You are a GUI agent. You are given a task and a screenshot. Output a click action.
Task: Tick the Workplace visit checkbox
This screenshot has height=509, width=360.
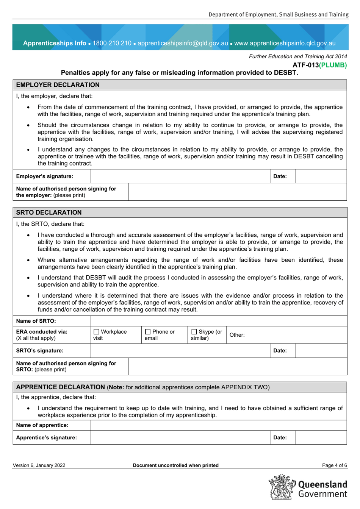(96, 332)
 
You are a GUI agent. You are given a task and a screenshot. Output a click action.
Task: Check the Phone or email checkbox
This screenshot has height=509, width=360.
(148, 332)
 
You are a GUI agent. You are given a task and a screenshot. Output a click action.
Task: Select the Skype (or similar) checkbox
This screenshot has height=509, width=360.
(194, 332)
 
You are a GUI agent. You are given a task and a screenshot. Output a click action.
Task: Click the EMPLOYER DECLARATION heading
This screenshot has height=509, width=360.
(58, 85)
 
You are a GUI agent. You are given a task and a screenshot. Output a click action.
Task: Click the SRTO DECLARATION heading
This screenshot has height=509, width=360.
(49, 212)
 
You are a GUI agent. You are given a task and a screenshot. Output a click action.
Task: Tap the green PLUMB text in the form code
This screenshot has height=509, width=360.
(333, 65)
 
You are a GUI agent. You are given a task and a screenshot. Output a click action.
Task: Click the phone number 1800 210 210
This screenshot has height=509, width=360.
(112, 43)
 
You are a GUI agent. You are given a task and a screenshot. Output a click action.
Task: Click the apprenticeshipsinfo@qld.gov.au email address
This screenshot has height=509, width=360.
(183, 43)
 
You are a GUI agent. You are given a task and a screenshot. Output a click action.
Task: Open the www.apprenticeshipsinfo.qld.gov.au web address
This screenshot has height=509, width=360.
(285, 43)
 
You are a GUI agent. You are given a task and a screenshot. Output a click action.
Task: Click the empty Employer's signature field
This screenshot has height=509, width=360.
(180, 176)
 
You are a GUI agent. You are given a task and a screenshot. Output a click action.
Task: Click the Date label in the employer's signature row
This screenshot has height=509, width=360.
(280, 176)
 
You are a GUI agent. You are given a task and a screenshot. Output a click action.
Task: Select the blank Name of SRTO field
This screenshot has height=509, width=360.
(218, 321)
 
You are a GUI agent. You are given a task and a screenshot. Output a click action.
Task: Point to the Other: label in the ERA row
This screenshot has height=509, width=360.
(237, 335)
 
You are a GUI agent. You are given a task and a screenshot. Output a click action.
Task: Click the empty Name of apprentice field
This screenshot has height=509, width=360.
(218, 425)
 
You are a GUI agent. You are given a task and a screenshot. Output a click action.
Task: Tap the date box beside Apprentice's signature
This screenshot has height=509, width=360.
(321, 438)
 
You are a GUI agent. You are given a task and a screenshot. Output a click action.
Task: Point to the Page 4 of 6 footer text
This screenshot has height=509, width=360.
(334, 465)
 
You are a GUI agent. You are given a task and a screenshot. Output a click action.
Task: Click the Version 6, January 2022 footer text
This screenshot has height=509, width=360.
(39, 465)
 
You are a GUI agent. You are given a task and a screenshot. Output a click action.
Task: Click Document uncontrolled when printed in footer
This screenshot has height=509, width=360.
(175, 465)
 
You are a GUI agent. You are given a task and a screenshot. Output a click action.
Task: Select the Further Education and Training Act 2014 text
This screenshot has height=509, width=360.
(297, 56)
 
